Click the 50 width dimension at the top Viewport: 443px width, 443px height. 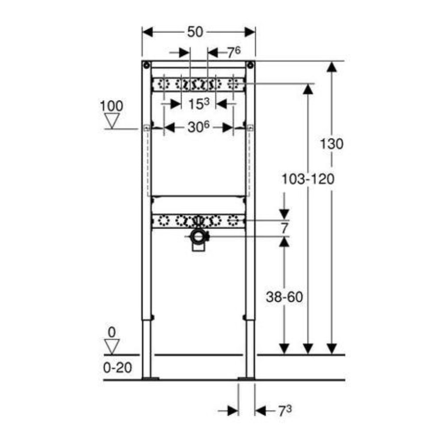pyautogui.click(x=195, y=32)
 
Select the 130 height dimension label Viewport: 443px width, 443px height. pyautogui.click(x=331, y=144)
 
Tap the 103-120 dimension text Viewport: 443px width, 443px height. pyautogui.click(x=308, y=179)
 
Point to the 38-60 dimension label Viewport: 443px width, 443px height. pyautogui.click(x=284, y=297)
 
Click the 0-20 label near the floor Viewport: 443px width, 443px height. pyautogui.click(x=117, y=368)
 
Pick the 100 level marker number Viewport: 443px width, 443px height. pyautogui.click(x=112, y=106)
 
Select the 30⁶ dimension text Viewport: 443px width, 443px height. pyautogui.click(x=198, y=127)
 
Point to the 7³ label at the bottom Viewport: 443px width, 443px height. pyautogui.click(x=285, y=411)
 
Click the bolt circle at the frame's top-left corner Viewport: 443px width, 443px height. pyautogui.click(x=146, y=66)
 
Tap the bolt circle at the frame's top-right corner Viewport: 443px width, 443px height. pyautogui.click(x=250, y=66)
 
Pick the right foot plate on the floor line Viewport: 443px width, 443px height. pyautogui.click(x=246, y=378)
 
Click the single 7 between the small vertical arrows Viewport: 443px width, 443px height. pyautogui.click(x=284, y=228)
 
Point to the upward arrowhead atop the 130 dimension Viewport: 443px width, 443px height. pyautogui.click(x=332, y=67)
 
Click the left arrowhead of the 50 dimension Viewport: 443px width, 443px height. pyautogui.click(x=148, y=32)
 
